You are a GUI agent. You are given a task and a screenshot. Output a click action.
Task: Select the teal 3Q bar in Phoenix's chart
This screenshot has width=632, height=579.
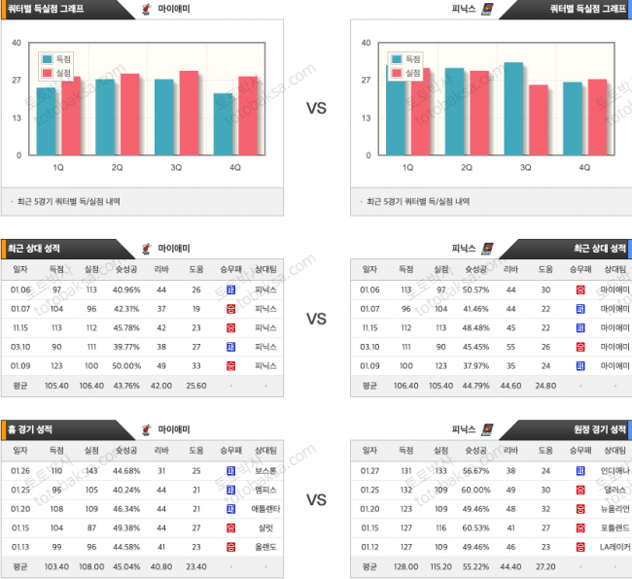click(512, 109)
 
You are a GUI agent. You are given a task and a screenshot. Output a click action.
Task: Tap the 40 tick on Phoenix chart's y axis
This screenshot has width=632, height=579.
click(366, 43)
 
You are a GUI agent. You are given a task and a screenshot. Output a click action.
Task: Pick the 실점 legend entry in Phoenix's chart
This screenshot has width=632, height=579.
click(407, 73)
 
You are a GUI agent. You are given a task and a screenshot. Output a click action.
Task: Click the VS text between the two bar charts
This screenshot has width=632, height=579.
click(316, 108)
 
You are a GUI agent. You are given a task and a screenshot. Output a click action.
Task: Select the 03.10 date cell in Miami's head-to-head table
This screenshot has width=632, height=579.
click(20, 347)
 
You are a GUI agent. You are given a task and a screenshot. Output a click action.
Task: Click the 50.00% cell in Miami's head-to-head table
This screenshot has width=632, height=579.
click(126, 365)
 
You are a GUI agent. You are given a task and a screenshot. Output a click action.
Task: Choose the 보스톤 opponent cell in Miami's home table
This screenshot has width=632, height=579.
click(265, 471)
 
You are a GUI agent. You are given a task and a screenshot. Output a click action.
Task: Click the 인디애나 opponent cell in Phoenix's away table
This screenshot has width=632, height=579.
click(614, 471)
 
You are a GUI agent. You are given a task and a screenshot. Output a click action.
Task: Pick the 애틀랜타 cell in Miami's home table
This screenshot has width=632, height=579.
click(265, 508)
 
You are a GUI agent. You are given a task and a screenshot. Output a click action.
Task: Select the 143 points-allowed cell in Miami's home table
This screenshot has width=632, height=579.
click(91, 471)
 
